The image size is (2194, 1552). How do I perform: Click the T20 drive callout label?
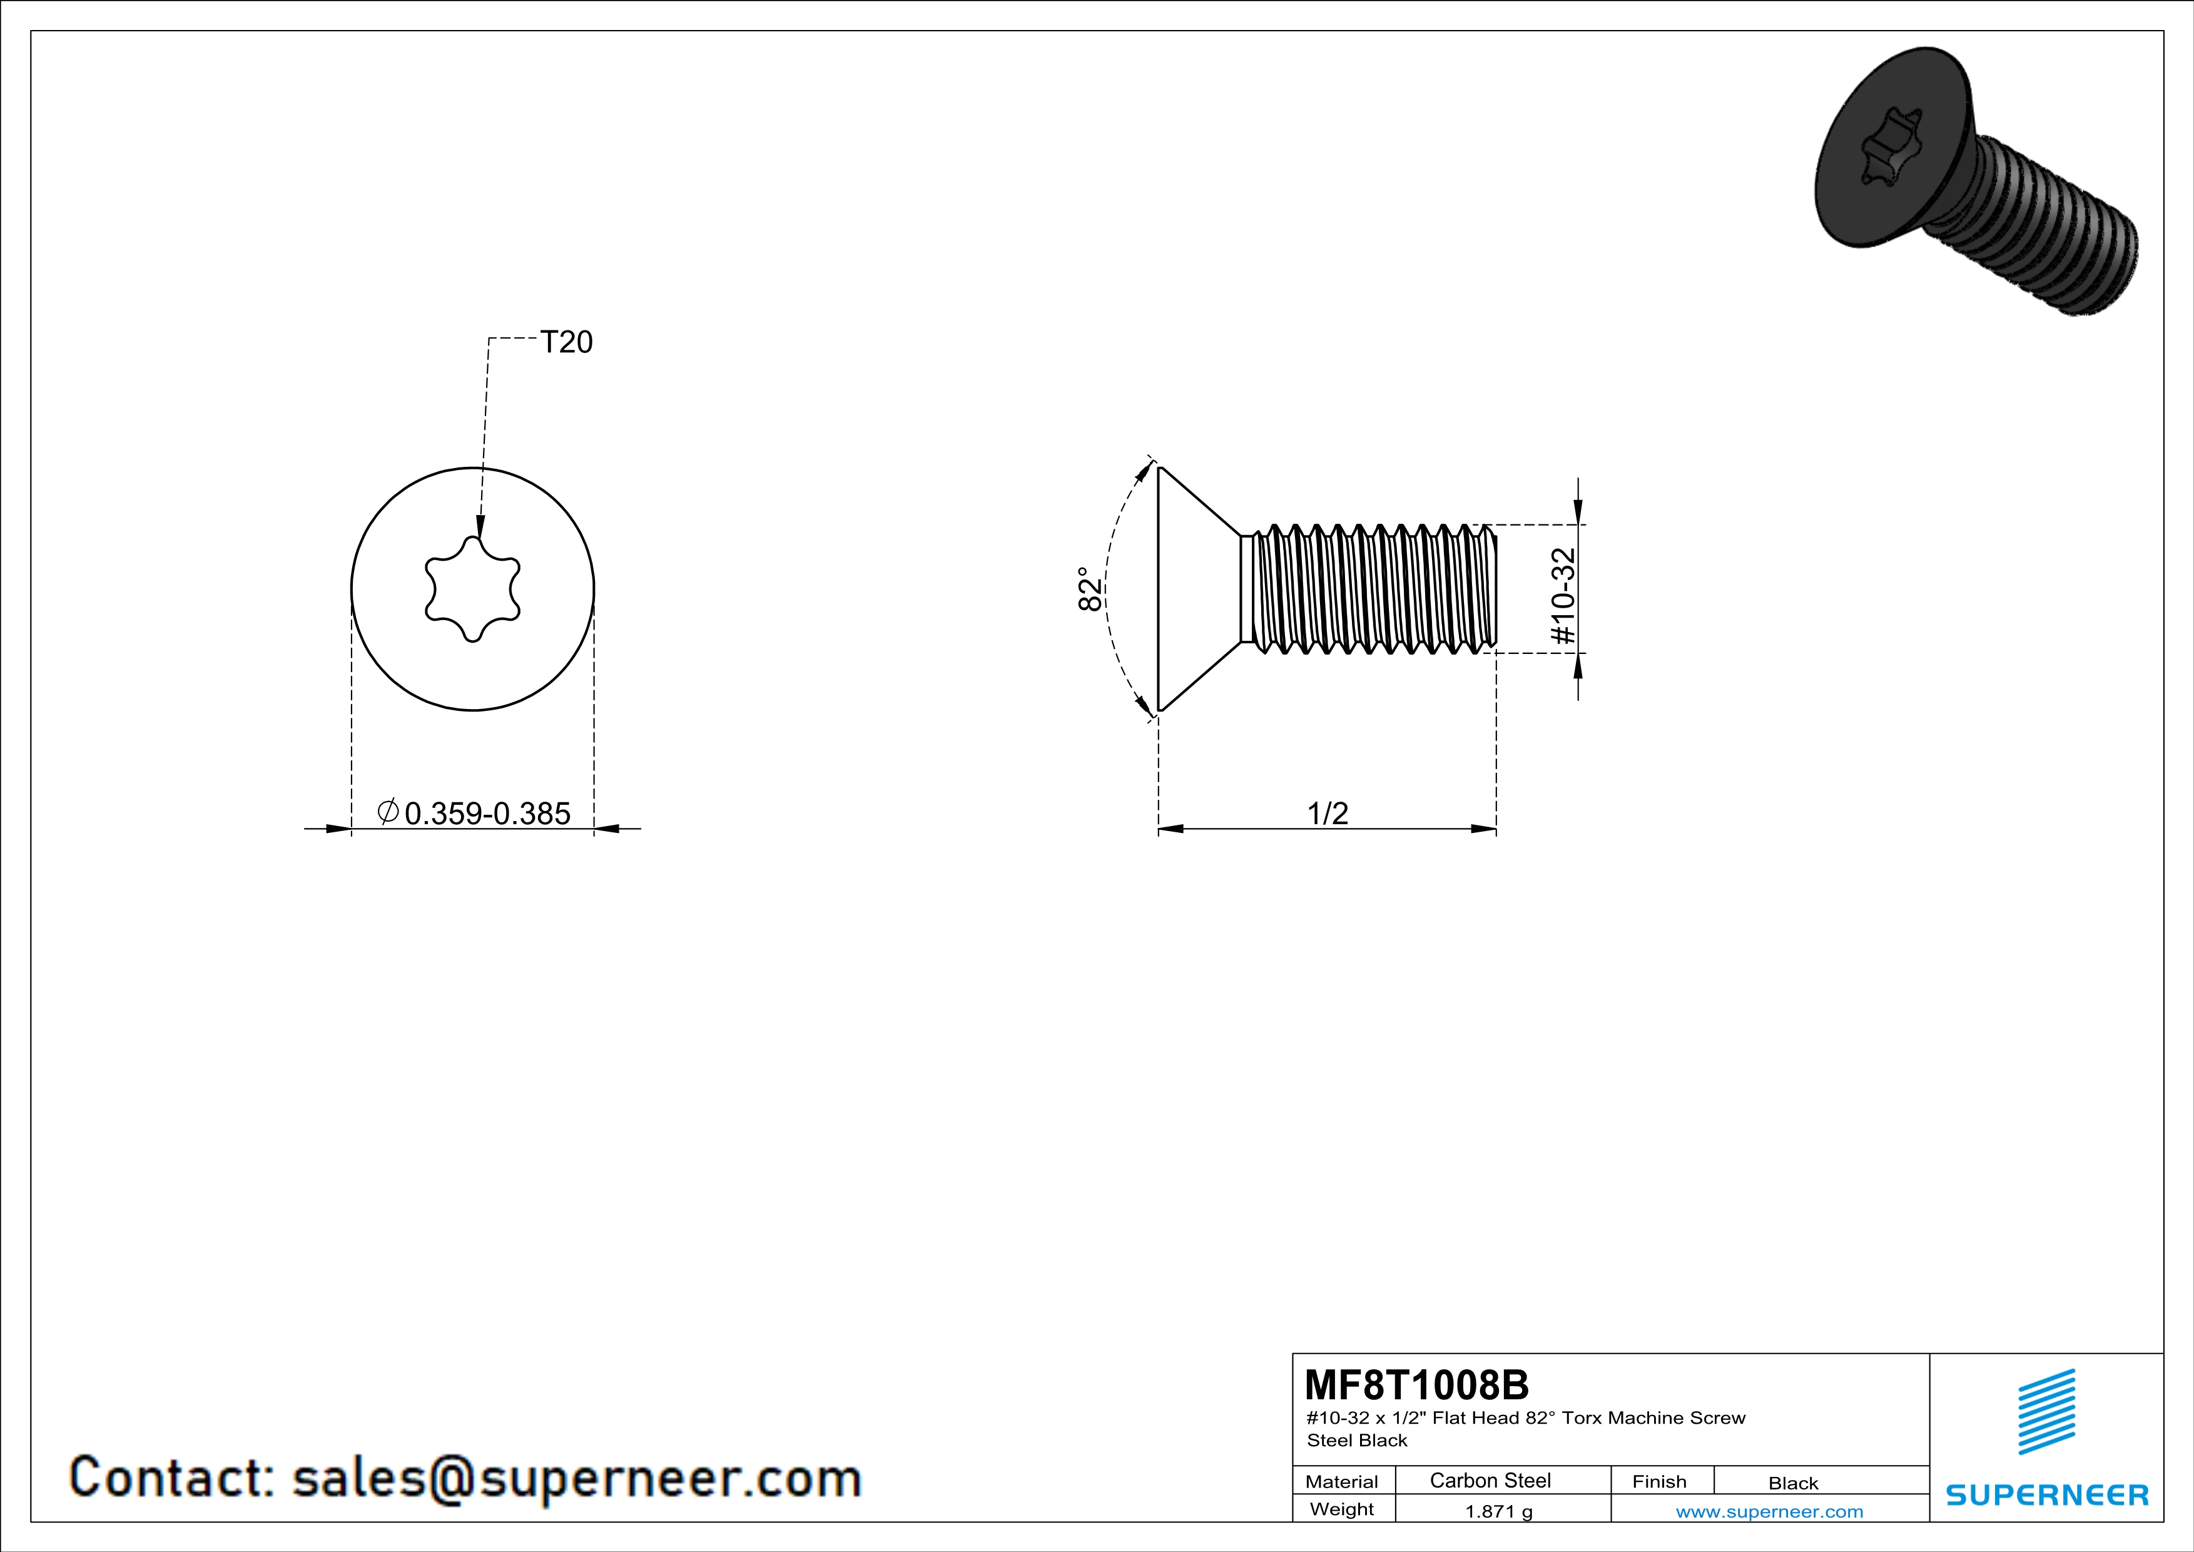click(x=567, y=342)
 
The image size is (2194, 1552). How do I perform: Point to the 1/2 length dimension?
click(x=1328, y=814)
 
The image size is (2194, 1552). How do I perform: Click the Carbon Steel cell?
click(x=1490, y=1480)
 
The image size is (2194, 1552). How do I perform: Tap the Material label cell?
click(x=1342, y=1481)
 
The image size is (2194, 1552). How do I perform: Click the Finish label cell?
click(x=1659, y=1481)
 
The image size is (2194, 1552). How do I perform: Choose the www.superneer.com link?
click(x=1769, y=1511)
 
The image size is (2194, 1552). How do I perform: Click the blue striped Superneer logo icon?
click(x=2046, y=1412)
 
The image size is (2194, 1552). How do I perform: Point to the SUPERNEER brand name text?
click(x=2047, y=1494)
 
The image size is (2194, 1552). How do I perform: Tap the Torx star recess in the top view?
click(x=472, y=589)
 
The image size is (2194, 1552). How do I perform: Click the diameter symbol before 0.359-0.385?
click(x=388, y=812)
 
